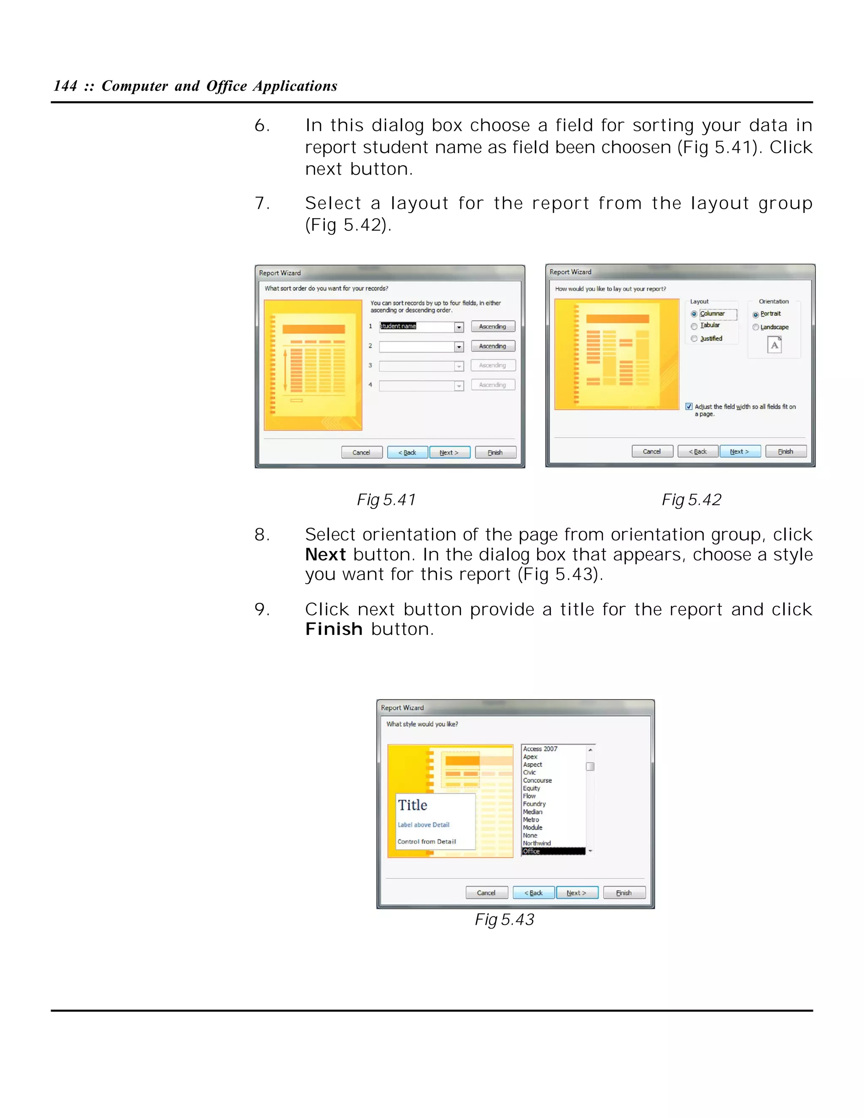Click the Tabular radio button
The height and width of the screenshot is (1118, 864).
click(694, 326)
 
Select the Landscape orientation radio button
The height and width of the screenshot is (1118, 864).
click(756, 327)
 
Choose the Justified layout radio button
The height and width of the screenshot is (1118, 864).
click(694, 338)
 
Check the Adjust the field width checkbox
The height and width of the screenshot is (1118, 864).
click(689, 406)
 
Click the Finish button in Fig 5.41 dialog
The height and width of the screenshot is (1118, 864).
click(495, 453)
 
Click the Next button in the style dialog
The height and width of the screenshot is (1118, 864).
click(576, 893)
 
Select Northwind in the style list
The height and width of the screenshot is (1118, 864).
click(537, 843)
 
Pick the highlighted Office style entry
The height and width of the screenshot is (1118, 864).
click(532, 851)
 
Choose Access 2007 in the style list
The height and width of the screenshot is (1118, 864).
click(540, 749)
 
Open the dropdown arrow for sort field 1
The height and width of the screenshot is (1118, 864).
click(459, 327)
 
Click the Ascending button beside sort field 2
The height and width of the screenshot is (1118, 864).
click(492, 346)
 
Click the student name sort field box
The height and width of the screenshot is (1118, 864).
click(416, 327)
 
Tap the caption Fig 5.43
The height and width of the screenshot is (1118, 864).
click(504, 920)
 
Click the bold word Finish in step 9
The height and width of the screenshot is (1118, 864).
click(334, 629)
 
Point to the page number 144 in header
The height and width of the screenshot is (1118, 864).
click(65, 86)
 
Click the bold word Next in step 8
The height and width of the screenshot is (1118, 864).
click(326, 555)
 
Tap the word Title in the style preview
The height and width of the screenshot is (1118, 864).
click(413, 805)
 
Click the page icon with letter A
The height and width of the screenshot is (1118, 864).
click(775, 345)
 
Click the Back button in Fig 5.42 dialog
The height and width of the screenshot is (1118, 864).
click(698, 451)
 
